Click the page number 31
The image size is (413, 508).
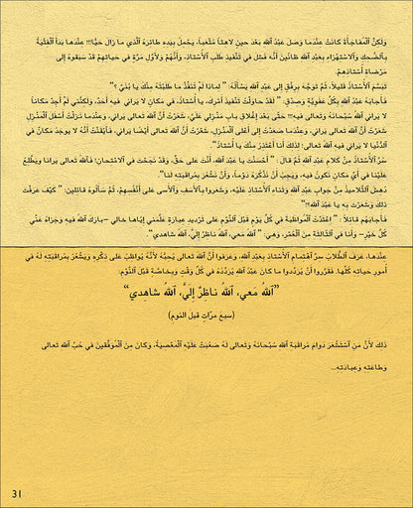[16, 493]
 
